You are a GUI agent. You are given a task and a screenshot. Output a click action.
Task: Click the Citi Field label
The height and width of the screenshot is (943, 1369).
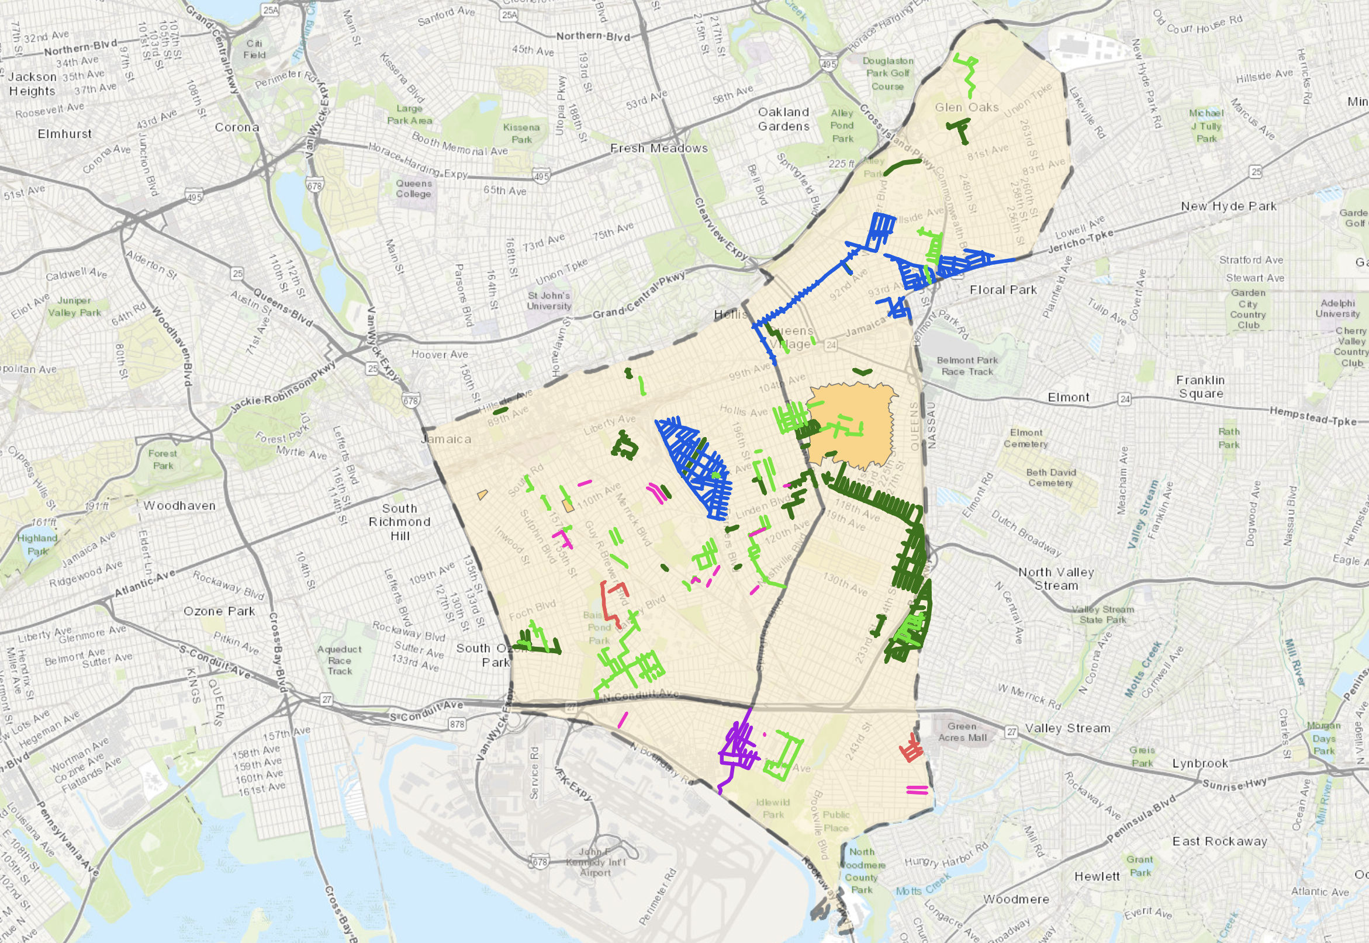pos(254,49)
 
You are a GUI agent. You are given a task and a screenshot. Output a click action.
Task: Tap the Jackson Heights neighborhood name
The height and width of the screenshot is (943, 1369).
pos(33,84)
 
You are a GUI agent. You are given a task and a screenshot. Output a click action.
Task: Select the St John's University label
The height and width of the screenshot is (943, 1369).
pos(549,300)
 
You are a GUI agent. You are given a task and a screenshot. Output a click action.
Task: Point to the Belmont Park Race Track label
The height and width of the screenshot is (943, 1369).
pos(967,366)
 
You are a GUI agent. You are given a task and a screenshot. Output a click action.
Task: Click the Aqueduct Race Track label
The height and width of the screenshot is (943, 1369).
pos(339,660)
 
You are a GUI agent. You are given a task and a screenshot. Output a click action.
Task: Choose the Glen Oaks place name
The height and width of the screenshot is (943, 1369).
pos(966,108)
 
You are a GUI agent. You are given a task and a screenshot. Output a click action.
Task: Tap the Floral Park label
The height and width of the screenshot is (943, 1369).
pos(1003,290)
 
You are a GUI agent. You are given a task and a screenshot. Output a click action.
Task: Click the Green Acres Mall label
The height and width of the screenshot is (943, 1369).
pos(962,731)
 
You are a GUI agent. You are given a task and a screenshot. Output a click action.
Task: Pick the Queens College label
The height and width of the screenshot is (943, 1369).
pos(414,189)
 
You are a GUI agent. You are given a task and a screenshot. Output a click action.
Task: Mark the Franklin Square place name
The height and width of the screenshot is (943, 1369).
pos(1201,387)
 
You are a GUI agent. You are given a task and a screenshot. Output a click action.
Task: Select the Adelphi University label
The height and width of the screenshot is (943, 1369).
pos(1337,308)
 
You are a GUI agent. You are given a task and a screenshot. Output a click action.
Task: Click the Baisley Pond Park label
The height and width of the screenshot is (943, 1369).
pos(598,627)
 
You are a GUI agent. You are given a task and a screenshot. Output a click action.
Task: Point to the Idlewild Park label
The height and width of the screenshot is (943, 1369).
pos(773,808)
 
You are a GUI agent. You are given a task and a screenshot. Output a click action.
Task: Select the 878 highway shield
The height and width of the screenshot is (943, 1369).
pos(457,724)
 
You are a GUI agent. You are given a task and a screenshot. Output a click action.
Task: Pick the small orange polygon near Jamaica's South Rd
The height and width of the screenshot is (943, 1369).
pos(482,494)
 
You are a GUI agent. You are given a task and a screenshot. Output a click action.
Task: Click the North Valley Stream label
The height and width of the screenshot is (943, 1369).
pos(1056,578)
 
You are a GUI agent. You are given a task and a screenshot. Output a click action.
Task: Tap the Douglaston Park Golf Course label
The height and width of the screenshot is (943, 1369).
pos(888,73)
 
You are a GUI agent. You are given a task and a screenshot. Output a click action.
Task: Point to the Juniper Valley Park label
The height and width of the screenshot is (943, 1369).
pos(74,306)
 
